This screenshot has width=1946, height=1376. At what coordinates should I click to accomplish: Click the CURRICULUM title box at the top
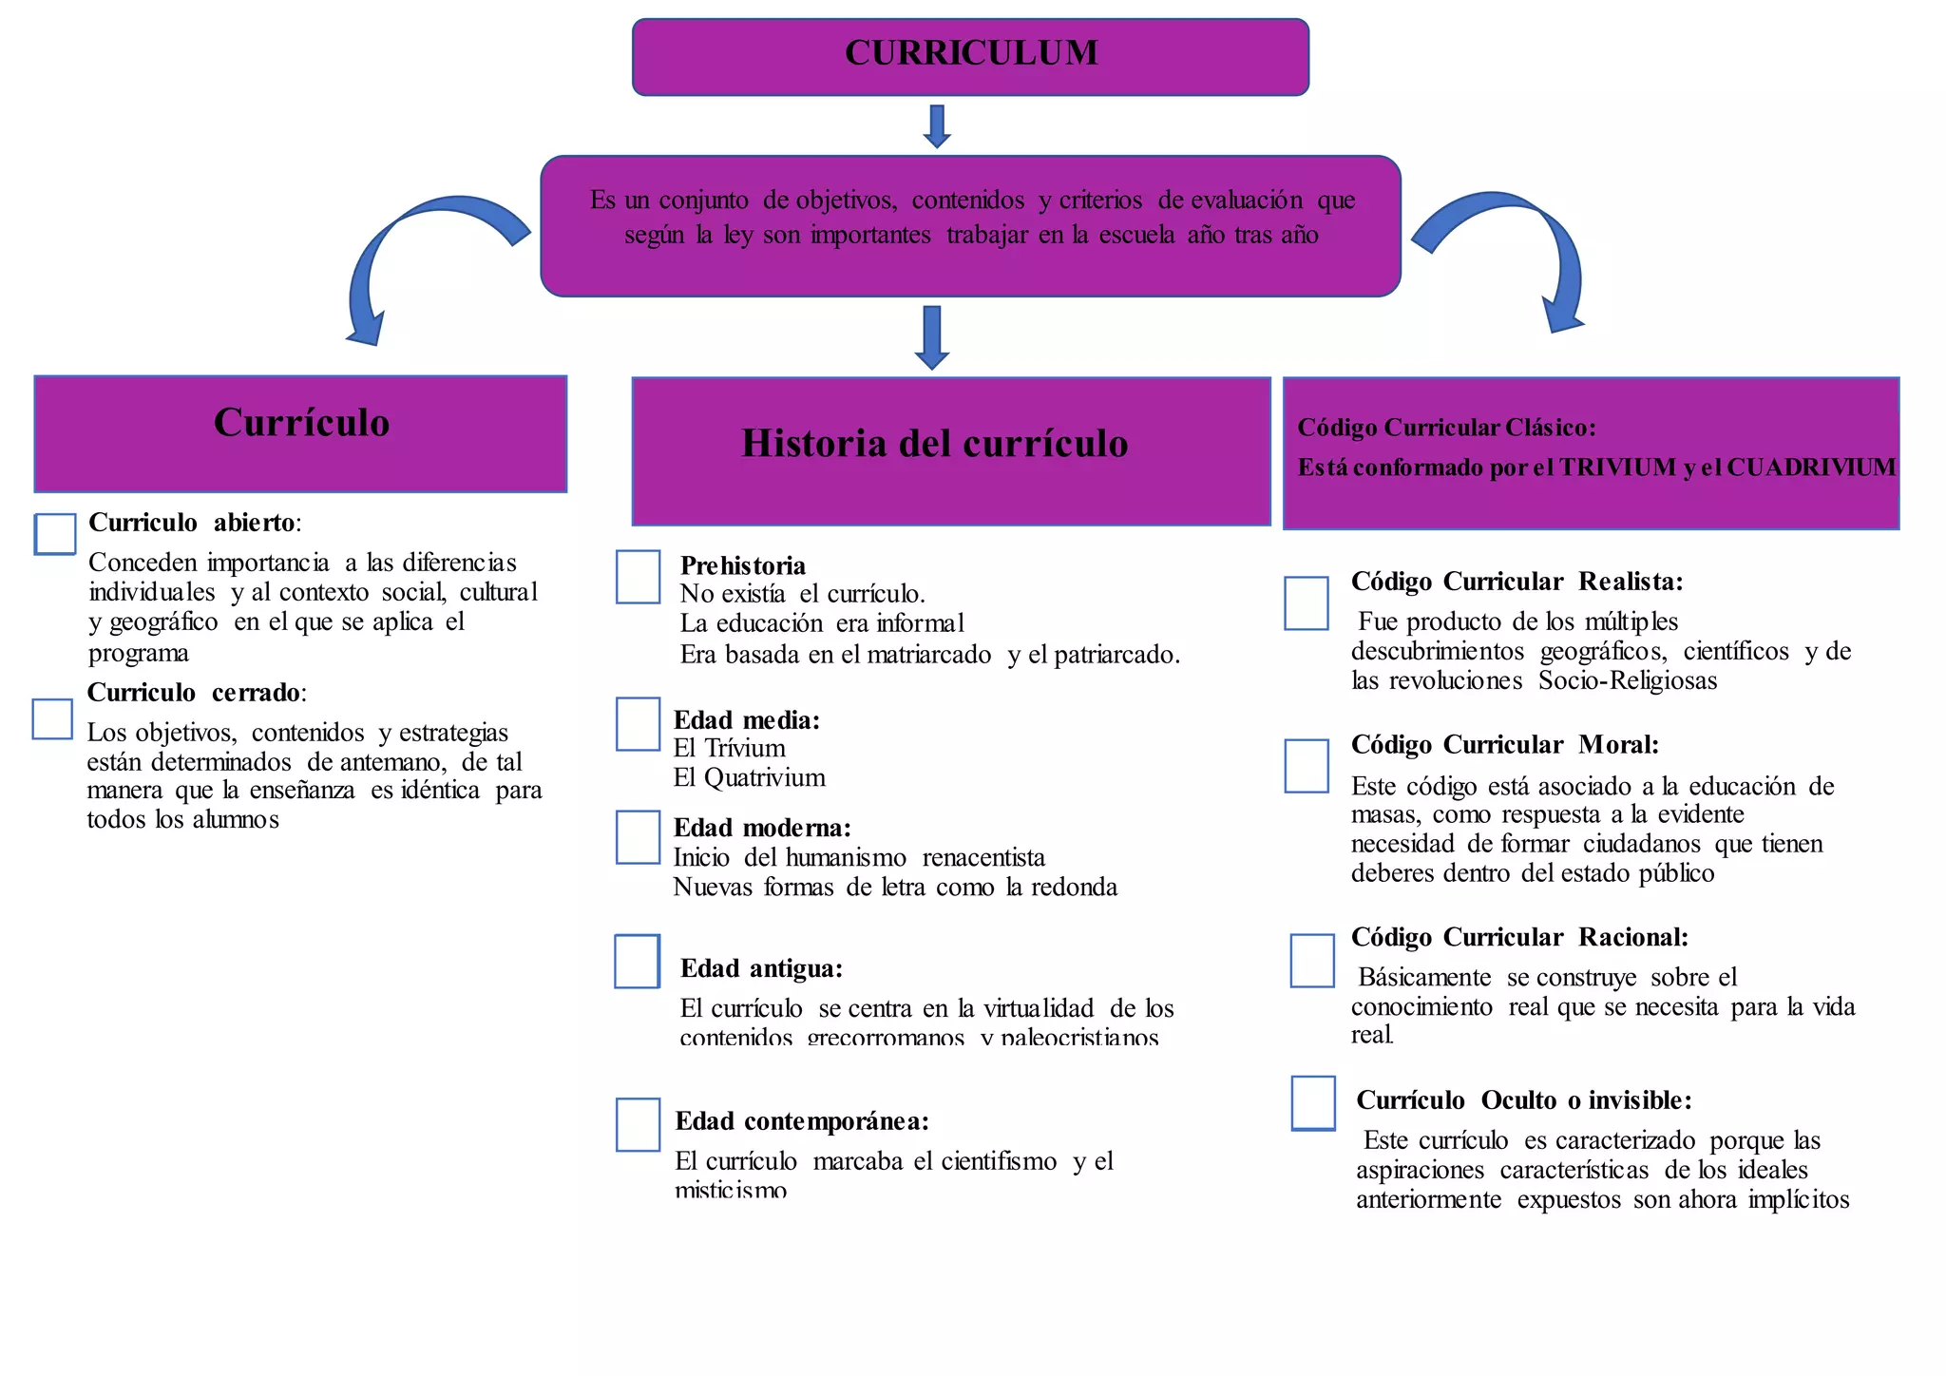pos(970,56)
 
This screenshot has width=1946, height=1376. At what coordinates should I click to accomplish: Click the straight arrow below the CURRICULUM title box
pos(937,126)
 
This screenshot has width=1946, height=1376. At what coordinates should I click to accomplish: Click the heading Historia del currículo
pos(934,444)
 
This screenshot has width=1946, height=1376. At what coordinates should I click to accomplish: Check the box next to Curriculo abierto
pos(55,534)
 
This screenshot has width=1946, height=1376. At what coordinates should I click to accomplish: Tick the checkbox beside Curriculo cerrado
pos(52,719)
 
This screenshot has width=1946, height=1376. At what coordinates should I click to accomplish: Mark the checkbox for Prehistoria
pos(638,577)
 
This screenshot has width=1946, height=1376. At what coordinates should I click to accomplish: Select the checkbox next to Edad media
pos(638,724)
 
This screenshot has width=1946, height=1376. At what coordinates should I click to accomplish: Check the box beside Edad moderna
pos(638,836)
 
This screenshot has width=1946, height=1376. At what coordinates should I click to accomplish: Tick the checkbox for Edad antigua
pos(637,962)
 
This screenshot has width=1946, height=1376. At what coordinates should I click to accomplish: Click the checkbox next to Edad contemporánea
pos(638,1125)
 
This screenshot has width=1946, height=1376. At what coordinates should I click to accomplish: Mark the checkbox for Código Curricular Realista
pos(1307,603)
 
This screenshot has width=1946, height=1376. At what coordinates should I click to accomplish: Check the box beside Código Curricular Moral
pos(1307,766)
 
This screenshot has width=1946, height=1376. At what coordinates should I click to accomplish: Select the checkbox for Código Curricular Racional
pos(1312,961)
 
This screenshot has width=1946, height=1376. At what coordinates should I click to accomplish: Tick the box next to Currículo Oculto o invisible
pos(1313,1103)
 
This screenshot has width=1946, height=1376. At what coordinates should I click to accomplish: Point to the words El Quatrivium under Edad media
pos(749,778)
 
